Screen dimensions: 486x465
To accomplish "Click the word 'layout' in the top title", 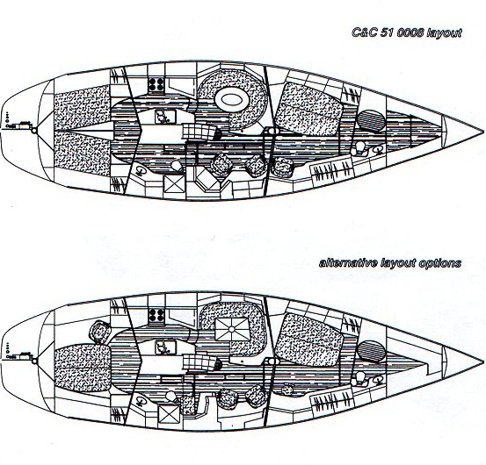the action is pos(444,32).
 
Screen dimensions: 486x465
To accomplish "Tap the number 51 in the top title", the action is pos(386,32).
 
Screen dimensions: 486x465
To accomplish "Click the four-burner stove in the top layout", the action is pos(156,84).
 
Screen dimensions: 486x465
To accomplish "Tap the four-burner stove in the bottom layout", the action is pos(156,315).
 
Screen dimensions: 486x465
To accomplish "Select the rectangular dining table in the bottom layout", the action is pos(232,330).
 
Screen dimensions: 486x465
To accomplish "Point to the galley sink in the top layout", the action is pos(165,118).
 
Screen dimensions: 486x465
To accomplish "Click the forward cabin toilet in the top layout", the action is pos(359,147).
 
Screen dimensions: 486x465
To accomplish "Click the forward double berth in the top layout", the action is pos(309,109).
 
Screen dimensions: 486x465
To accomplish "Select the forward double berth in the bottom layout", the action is pos(309,340).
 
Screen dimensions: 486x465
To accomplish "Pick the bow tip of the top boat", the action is pos(483,132).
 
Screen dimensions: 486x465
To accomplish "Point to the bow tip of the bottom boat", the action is pos(483,362).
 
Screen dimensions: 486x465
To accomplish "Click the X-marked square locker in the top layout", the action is pos(174,183).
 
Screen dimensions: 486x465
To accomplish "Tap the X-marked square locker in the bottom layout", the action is pos(169,413).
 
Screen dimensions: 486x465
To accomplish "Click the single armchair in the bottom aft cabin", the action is pos(100,332).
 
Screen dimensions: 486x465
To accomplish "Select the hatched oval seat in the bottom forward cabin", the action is pos(371,351).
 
